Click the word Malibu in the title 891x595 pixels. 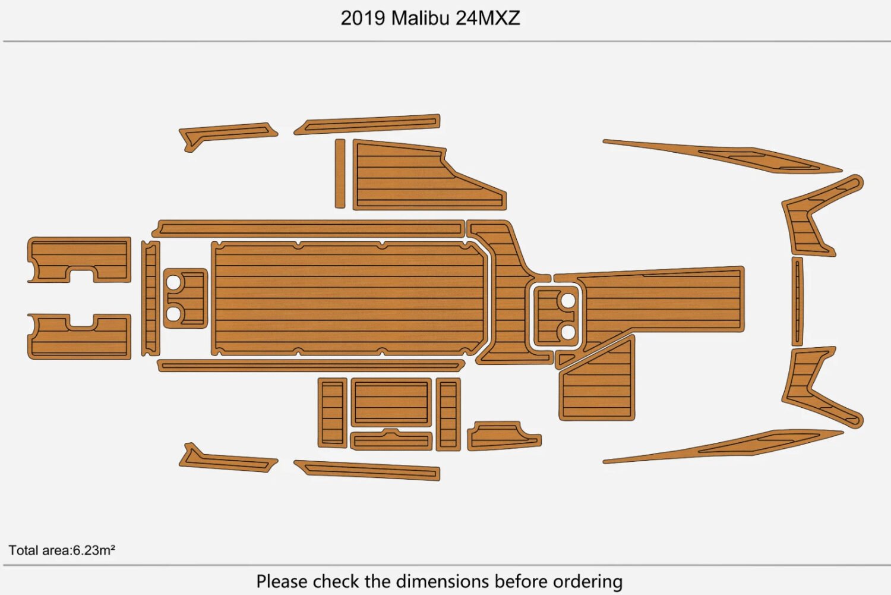pyautogui.click(x=420, y=18)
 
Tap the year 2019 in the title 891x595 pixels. pyautogui.click(x=363, y=18)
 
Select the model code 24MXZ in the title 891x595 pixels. pyautogui.click(x=488, y=18)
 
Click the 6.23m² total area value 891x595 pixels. pyautogui.click(x=94, y=550)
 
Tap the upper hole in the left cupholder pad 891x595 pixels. pyautogui.click(x=173, y=282)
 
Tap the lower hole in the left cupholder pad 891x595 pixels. pyautogui.click(x=173, y=313)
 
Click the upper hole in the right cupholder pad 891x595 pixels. pyautogui.click(x=568, y=301)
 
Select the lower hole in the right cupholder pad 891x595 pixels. pyautogui.click(x=568, y=332)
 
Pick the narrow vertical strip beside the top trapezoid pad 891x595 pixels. pyautogui.click(x=340, y=174)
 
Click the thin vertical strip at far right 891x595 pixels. pyautogui.click(x=797, y=301)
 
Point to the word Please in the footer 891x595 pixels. pyautogui.click(x=282, y=581)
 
